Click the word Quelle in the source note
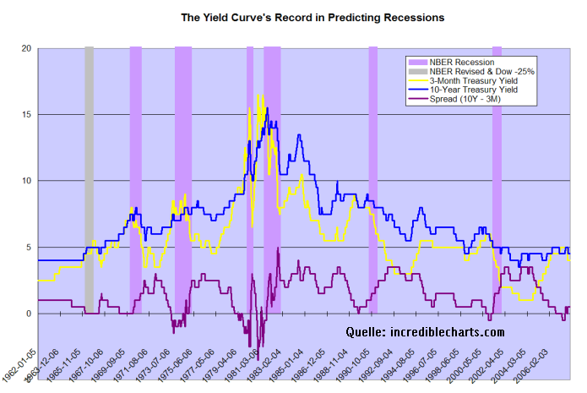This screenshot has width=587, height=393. [x=364, y=332]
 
